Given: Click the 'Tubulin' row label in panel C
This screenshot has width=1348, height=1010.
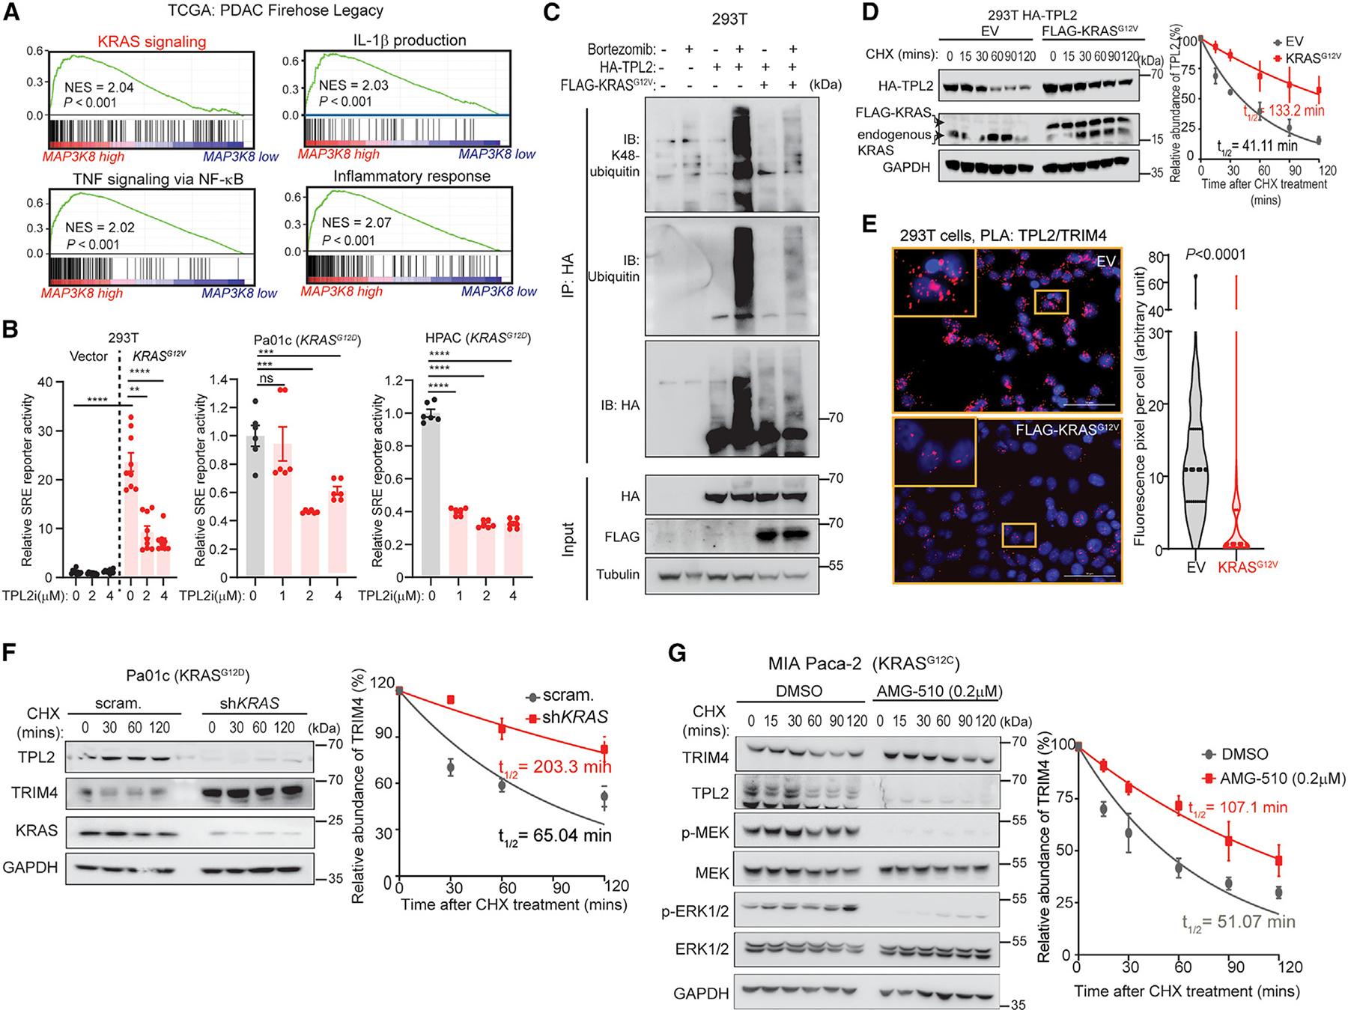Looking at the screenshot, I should (618, 574).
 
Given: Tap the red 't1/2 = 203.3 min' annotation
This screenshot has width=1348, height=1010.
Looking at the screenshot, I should (555, 766).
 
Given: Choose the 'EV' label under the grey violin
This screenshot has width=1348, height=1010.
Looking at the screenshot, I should (1196, 568).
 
